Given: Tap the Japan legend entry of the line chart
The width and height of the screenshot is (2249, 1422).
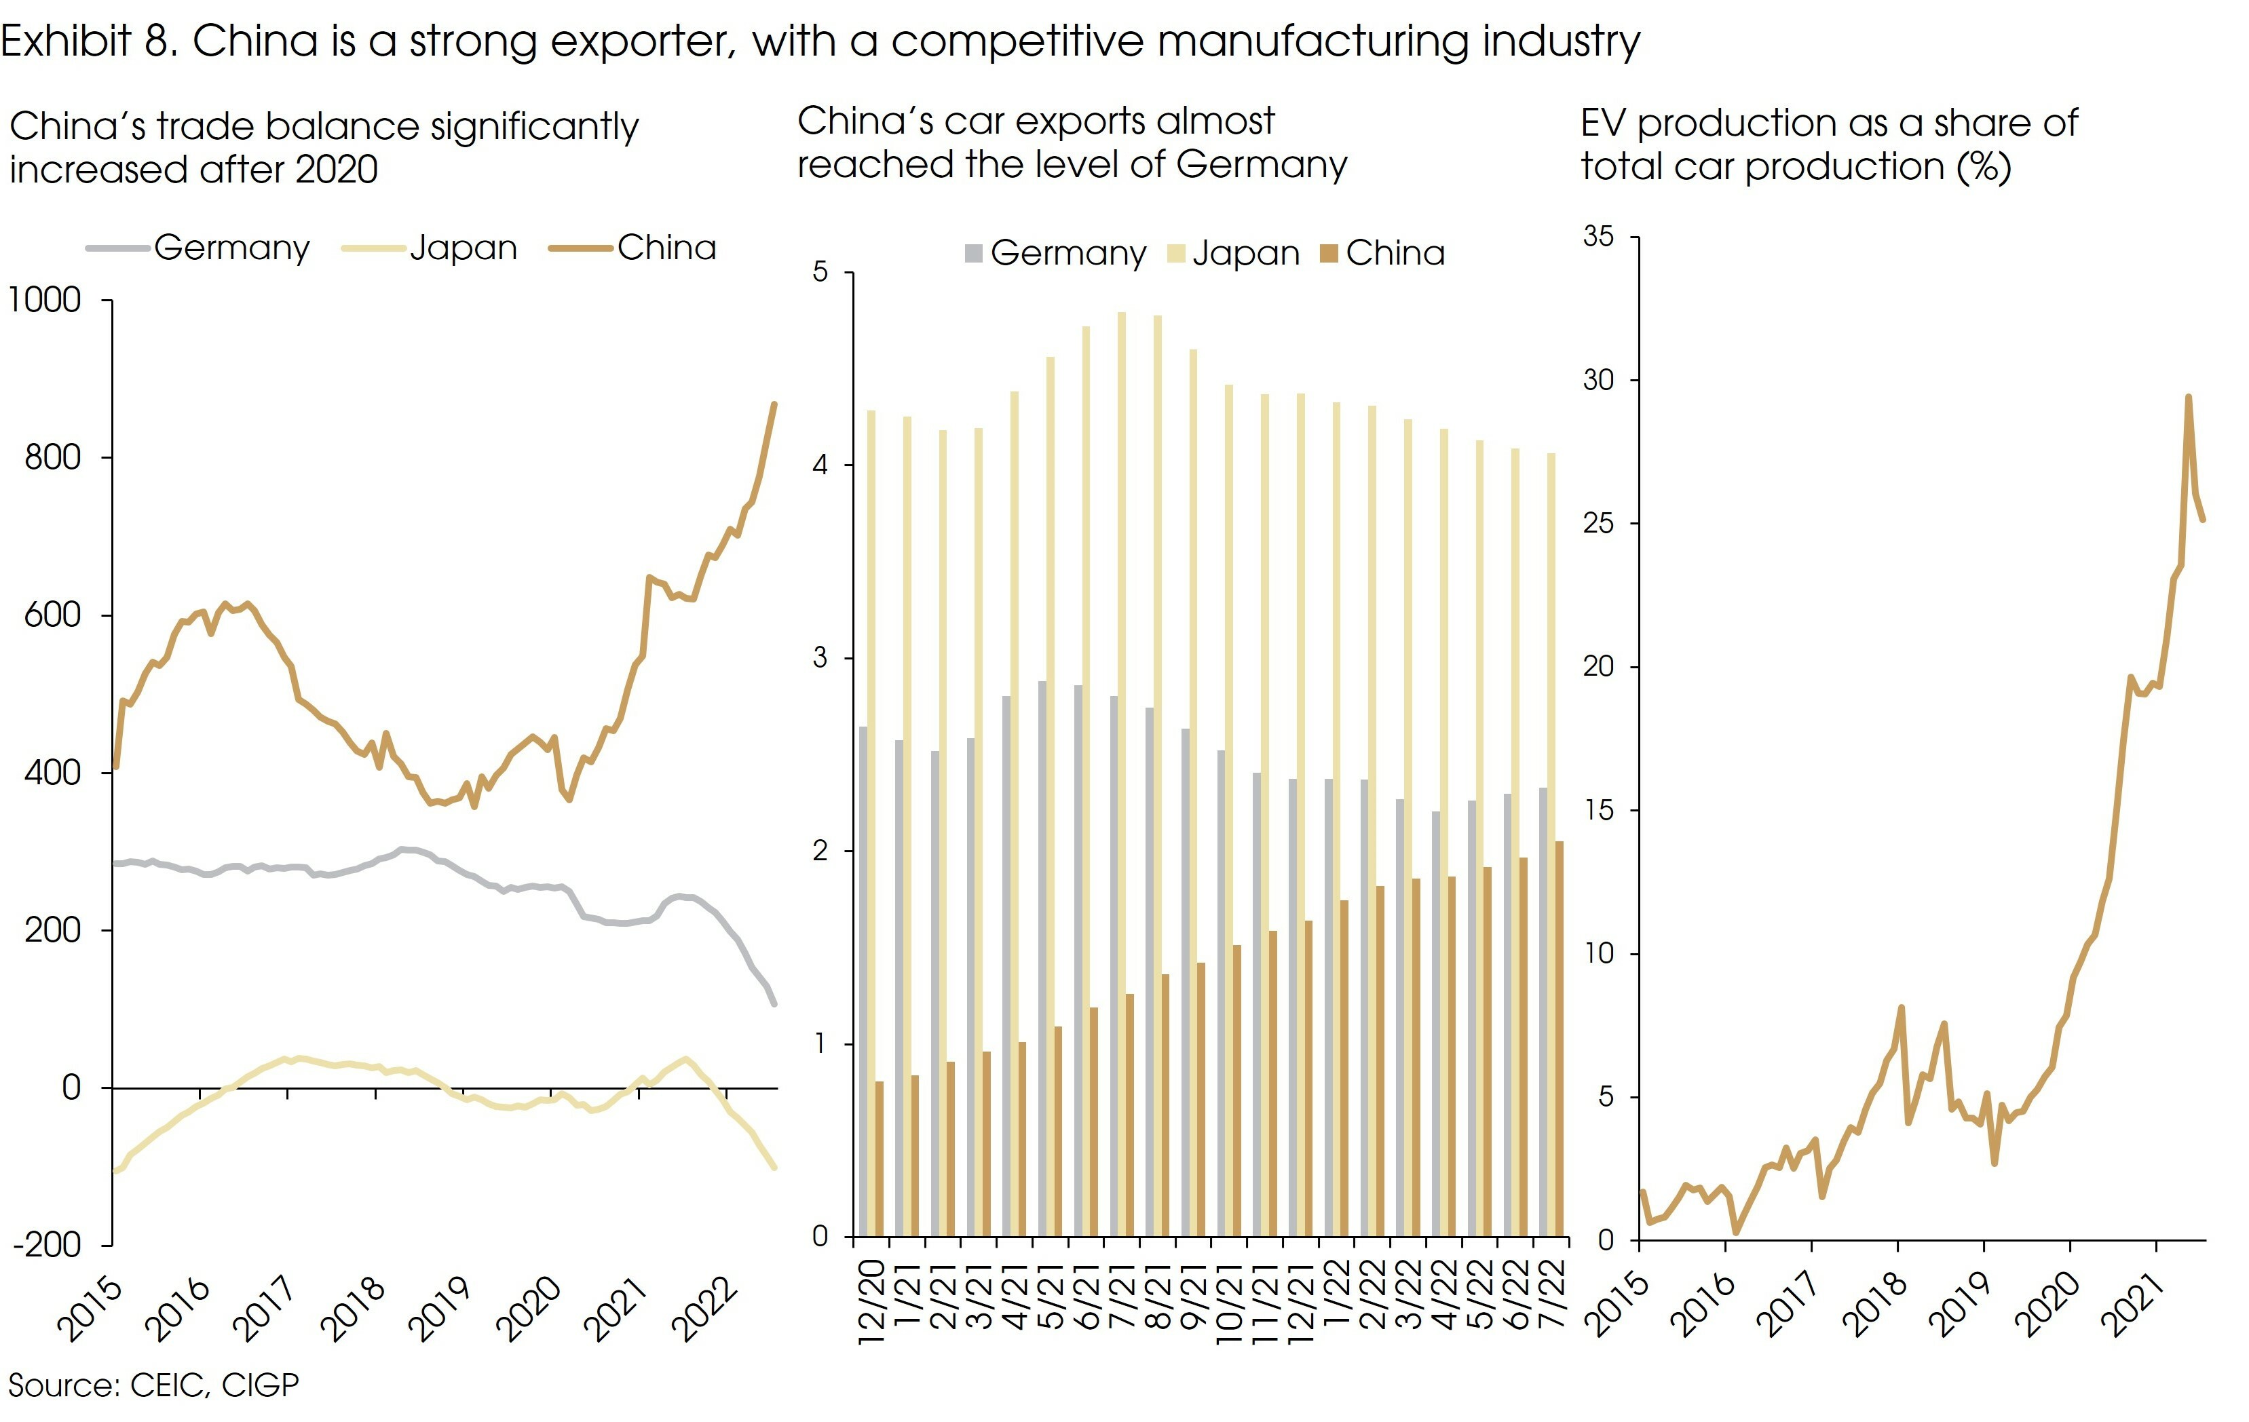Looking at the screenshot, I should [x=462, y=248].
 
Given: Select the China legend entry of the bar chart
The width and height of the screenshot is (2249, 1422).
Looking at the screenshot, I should [x=1395, y=253].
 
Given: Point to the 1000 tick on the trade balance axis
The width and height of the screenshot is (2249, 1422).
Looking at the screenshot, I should [x=45, y=301].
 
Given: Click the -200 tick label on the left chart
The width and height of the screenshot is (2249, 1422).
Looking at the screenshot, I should [x=47, y=1245].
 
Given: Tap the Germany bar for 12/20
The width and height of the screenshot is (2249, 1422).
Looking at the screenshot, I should [x=864, y=980].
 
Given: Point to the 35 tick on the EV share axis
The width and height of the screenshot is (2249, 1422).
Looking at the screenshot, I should [x=1598, y=237].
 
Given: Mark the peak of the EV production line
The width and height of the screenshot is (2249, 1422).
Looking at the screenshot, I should [x=2189, y=398].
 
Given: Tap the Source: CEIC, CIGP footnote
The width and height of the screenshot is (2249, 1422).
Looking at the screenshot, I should [x=154, y=1385].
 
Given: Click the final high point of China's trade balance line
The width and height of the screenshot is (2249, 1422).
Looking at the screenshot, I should [x=774, y=404].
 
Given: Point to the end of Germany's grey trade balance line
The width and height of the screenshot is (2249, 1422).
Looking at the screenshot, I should [x=774, y=1003].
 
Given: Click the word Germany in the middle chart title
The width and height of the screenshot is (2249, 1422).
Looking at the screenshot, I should [x=1261, y=166].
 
